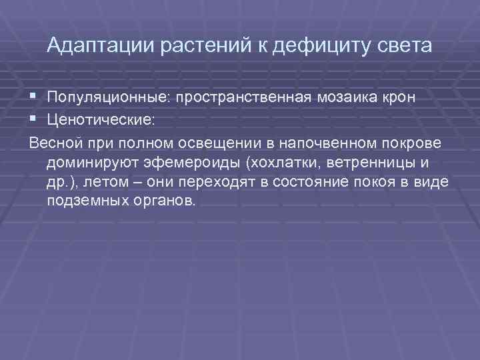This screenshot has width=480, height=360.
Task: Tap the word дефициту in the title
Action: pyautogui.click(x=318, y=46)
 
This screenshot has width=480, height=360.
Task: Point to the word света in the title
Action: pyautogui.click(x=405, y=46)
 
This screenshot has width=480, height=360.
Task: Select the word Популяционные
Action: pyautogui.click(x=109, y=97)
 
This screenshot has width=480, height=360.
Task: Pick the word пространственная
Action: pyautogui.click(x=249, y=97)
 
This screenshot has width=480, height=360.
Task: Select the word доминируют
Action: pyautogui.click(x=91, y=163)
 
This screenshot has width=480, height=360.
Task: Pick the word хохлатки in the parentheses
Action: pyautogui.click(x=263, y=163)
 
